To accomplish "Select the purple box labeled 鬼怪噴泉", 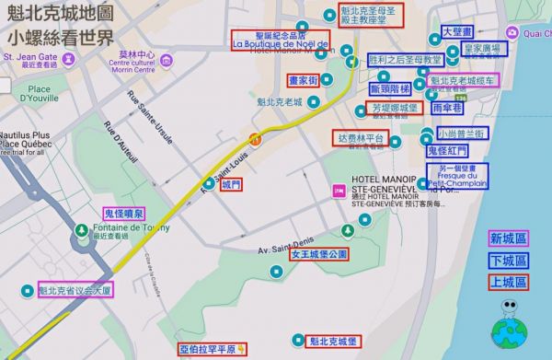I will click(123, 214).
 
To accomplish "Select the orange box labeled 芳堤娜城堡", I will click(394, 108).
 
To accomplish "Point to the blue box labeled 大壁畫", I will click(457, 31).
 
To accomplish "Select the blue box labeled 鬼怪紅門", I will click(448, 150).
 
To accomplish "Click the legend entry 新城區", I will click(508, 238).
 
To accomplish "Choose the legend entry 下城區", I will click(508, 261).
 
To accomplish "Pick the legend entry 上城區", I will click(508, 283).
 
